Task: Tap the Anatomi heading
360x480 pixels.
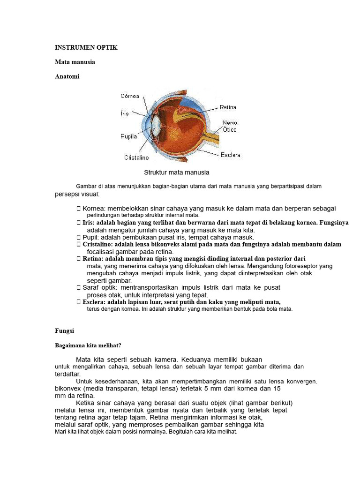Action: (67, 76)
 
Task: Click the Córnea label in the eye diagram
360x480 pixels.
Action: (130, 96)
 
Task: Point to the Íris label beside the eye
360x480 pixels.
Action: (125, 113)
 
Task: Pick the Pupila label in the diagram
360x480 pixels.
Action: (128, 136)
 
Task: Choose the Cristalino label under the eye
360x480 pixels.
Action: (136, 158)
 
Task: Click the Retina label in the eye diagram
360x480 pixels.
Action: (228, 107)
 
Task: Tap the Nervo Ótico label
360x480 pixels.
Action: (230, 126)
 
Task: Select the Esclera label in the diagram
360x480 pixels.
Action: (231, 155)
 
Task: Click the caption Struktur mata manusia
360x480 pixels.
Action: (176, 172)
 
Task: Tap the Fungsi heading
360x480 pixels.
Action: (65, 330)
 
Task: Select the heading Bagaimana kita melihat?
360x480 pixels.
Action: (88, 346)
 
